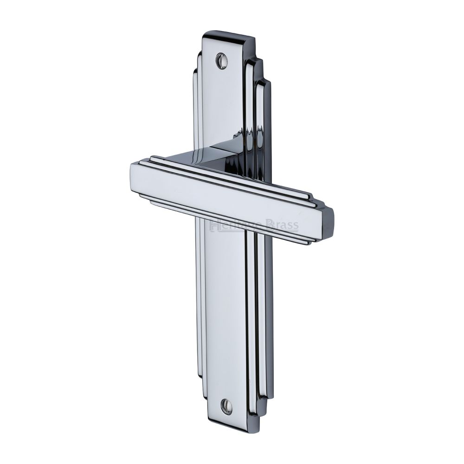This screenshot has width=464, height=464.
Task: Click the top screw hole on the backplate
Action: point(222,61)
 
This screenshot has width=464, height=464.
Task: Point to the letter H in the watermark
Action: point(214,226)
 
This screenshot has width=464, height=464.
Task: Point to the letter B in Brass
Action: point(270,226)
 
